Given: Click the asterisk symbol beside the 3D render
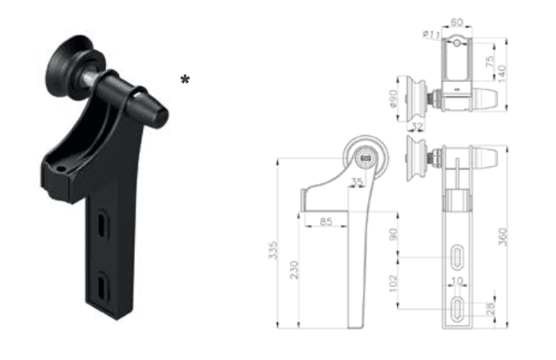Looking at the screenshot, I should coord(186,79).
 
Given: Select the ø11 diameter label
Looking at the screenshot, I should coord(431,34).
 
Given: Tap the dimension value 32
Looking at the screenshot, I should coord(418,127).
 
